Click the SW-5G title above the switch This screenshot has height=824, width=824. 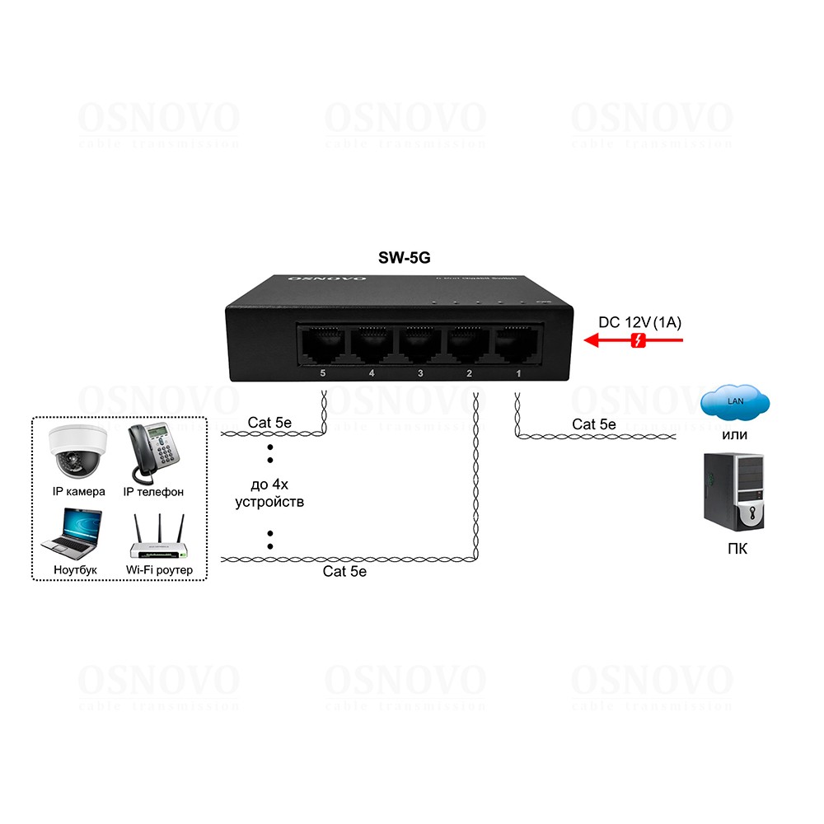pos(404,258)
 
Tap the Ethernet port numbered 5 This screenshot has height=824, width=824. pos(322,345)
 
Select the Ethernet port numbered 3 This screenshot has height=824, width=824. pos(420,345)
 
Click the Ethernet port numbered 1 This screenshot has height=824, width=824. pos(517,345)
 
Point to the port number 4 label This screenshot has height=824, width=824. pos(372,374)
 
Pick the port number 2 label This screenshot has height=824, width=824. pos(469,374)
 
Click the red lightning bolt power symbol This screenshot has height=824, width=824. pos(638,340)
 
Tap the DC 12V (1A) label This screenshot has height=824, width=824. pos(639,322)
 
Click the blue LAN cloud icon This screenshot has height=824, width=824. pos(735,402)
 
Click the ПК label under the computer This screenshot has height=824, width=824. pos(738,549)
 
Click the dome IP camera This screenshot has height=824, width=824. pos(77,452)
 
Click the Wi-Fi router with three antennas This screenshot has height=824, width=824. pos(159,540)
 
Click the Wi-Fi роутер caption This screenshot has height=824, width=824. pos(159,569)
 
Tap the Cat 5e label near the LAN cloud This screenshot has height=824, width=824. pos(594,424)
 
